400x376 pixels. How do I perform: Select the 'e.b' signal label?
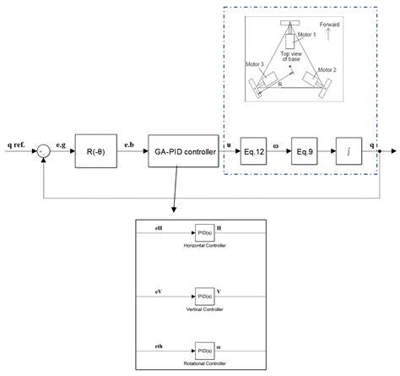coord(130,145)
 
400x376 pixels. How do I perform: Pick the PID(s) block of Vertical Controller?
coord(206,297)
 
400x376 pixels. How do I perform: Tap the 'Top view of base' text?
coord(284,57)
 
